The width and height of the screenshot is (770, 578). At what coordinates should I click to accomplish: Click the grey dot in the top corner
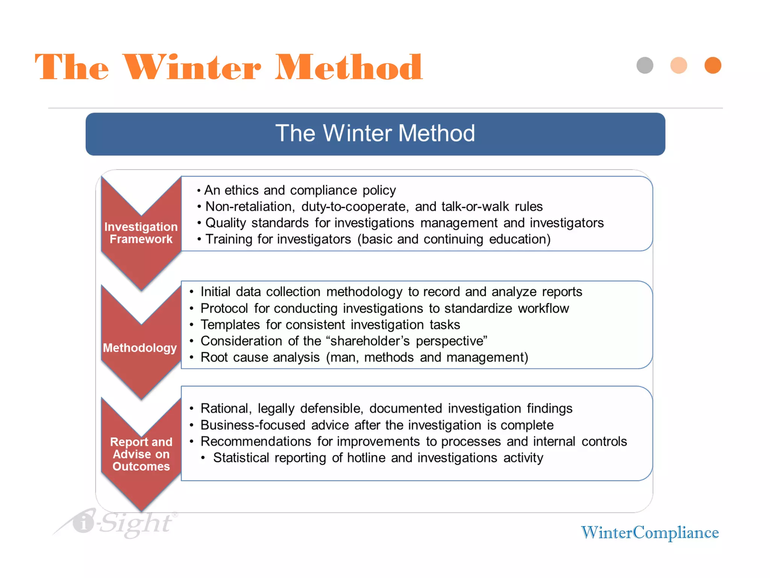(645, 65)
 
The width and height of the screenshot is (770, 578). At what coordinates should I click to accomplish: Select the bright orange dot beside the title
(712, 65)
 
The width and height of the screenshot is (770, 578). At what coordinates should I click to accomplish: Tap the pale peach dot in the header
(679, 65)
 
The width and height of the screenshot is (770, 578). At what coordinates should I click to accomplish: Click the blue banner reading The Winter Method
(375, 134)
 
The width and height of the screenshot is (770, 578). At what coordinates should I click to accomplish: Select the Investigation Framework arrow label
(141, 233)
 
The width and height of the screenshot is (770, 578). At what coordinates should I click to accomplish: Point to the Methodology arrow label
(140, 348)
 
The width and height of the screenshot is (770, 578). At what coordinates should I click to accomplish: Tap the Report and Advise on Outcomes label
(141, 454)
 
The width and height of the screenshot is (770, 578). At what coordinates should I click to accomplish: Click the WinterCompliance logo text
(649, 532)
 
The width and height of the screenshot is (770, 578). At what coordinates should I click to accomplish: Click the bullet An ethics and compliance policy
(300, 190)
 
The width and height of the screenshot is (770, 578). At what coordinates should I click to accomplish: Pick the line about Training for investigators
(377, 239)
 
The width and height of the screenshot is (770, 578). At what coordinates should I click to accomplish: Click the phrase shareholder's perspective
(408, 341)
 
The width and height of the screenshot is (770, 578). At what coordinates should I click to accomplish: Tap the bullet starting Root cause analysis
(364, 357)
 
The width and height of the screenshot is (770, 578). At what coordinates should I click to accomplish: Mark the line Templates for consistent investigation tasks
(330, 325)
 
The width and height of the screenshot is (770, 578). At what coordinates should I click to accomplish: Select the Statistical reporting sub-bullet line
(377, 458)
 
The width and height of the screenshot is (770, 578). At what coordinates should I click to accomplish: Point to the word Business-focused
(253, 425)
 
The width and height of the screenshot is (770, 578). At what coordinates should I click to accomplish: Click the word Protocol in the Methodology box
(224, 309)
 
